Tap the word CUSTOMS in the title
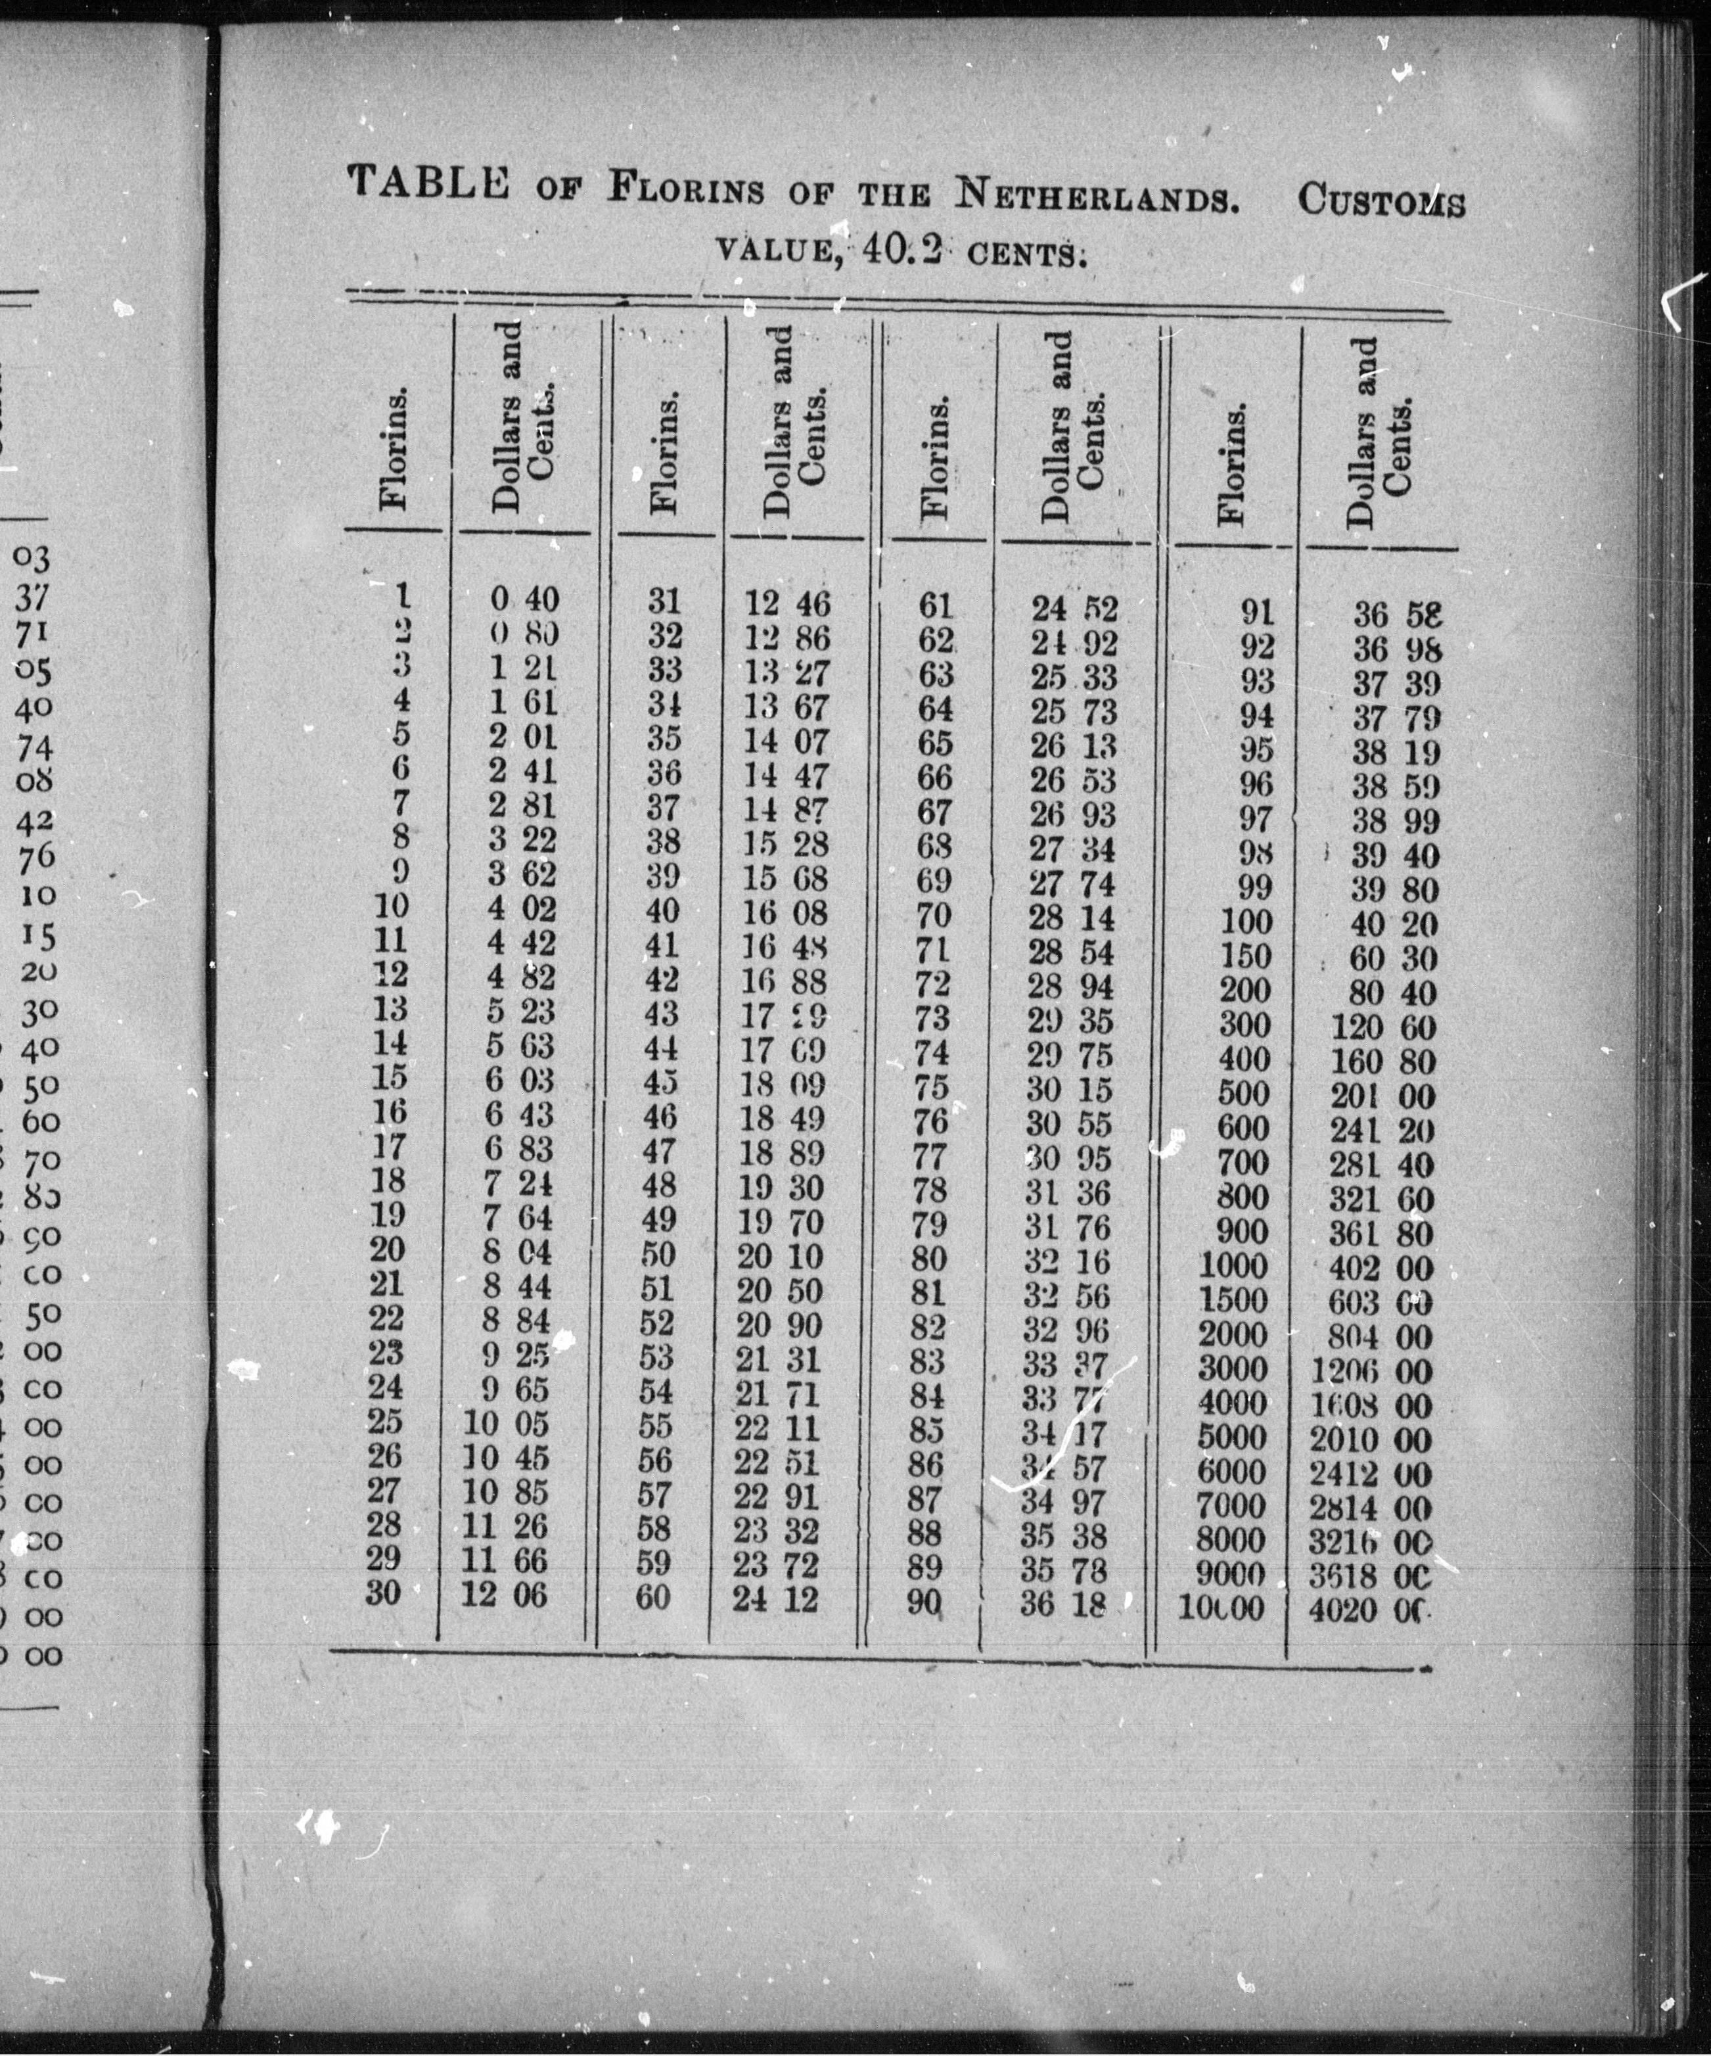point(1381,202)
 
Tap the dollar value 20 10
point(779,1256)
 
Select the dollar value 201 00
point(1382,1096)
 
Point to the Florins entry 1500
point(1233,1301)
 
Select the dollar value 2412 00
point(1371,1474)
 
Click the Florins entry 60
point(654,1597)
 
